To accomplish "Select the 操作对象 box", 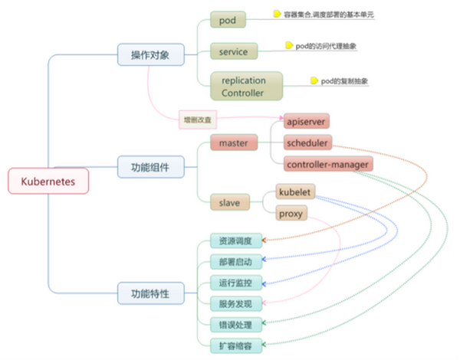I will (x=149, y=55).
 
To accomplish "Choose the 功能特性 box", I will (x=149, y=293).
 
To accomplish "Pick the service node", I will (x=233, y=51).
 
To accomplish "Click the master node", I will (x=233, y=142).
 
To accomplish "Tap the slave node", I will (x=229, y=202).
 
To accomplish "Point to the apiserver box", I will (x=306, y=122).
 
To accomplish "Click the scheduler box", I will (x=307, y=142).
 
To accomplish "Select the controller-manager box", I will (x=328, y=164).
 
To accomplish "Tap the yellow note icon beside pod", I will (x=277, y=14).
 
